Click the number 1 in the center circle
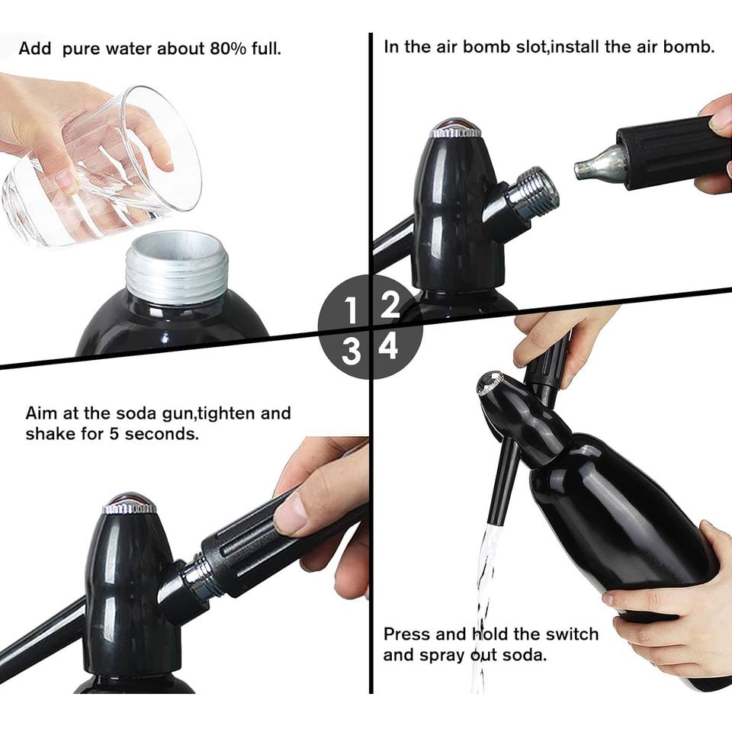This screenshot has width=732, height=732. (x=351, y=310)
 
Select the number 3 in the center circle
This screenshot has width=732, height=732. (x=352, y=352)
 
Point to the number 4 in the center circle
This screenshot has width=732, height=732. (x=388, y=346)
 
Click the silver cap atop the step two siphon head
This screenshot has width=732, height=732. (x=456, y=127)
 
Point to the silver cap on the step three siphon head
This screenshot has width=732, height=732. (x=129, y=503)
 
